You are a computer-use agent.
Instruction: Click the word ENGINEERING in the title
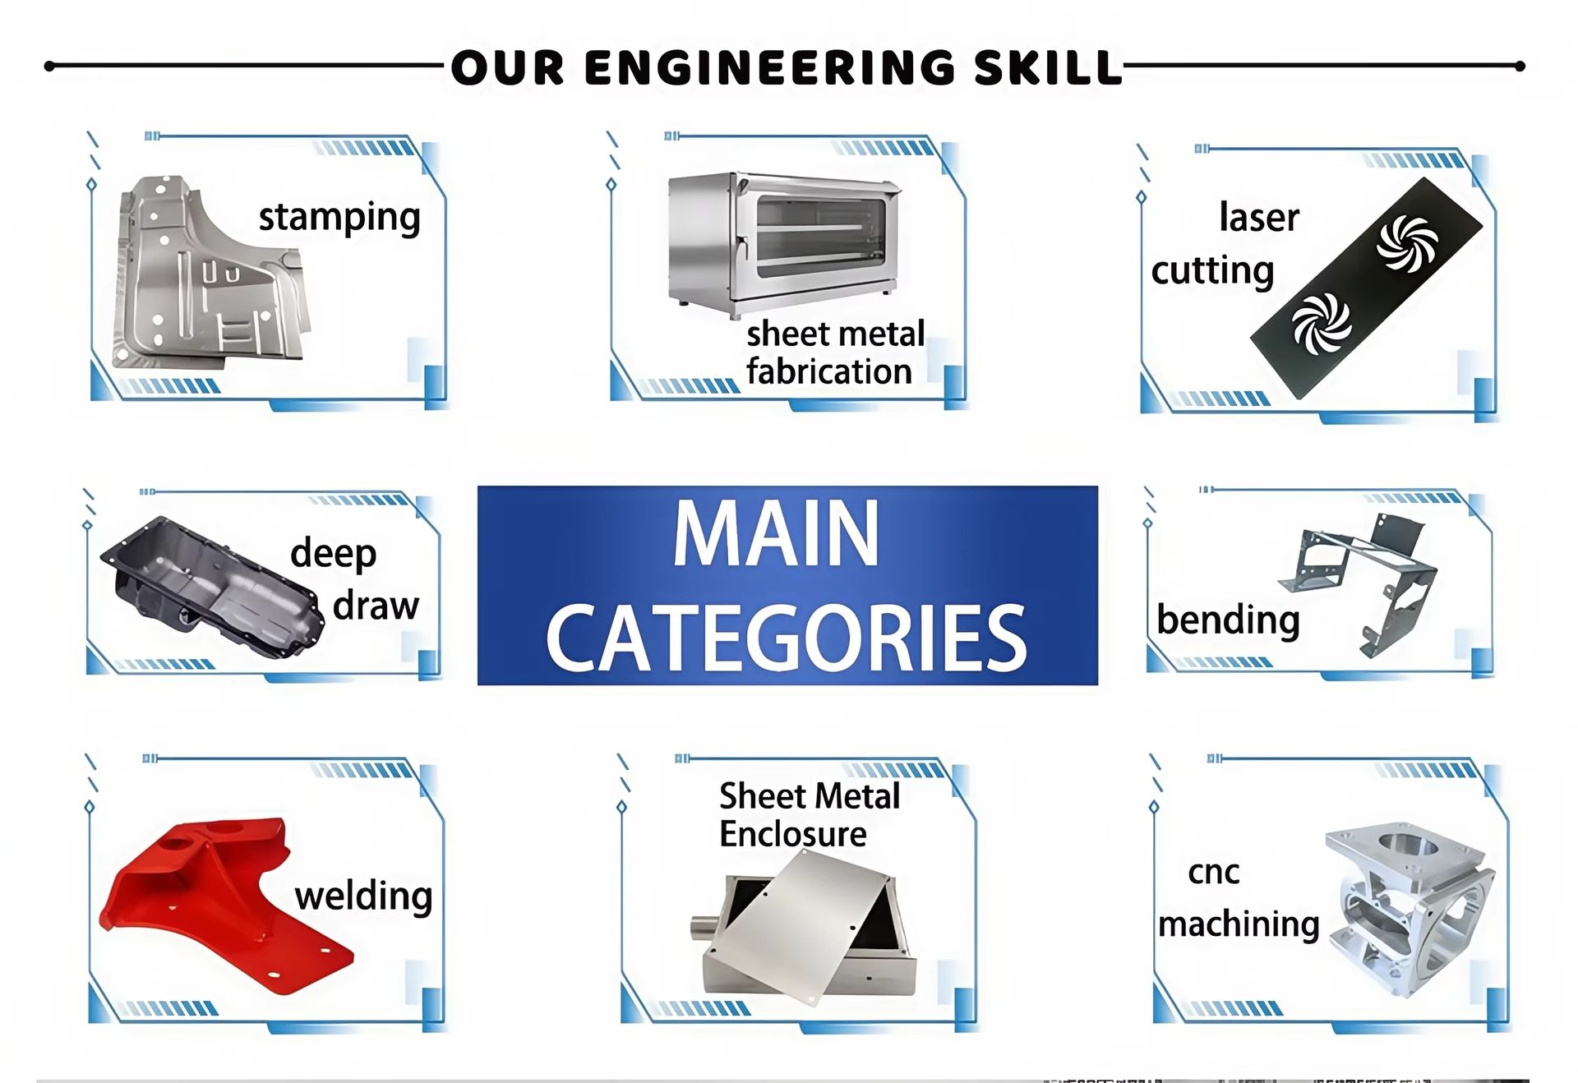click(x=769, y=67)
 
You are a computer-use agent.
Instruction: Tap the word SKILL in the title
click(x=1048, y=67)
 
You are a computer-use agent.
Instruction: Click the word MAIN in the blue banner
click(x=777, y=534)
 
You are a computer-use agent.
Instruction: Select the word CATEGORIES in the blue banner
click(x=787, y=638)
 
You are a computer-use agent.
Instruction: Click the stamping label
click(x=339, y=219)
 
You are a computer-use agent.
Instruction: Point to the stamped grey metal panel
click(x=210, y=271)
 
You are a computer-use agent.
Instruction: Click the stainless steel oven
click(x=783, y=242)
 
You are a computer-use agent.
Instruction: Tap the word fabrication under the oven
click(x=829, y=371)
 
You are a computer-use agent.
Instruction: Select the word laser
click(x=1259, y=218)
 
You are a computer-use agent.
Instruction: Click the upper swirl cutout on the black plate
click(x=1407, y=242)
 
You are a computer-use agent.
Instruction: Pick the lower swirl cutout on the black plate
click(x=1322, y=324)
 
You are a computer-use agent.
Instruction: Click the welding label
click(x=363, y=896)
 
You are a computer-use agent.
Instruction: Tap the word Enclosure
click(x=792, y=834)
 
